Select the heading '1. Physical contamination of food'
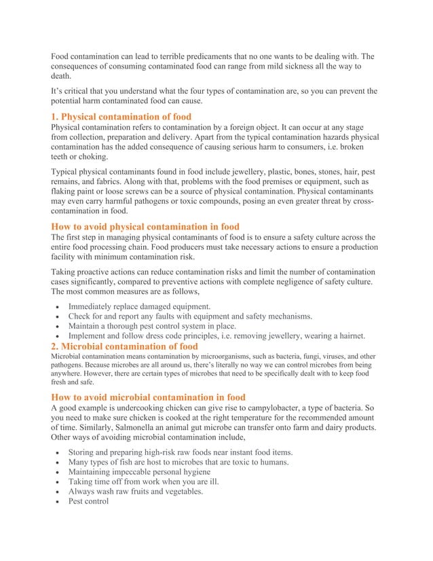pos(121,117)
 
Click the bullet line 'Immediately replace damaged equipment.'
pos(139,306)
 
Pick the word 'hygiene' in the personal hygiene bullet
pos(193,472)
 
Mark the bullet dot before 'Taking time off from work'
pos(59,482)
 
